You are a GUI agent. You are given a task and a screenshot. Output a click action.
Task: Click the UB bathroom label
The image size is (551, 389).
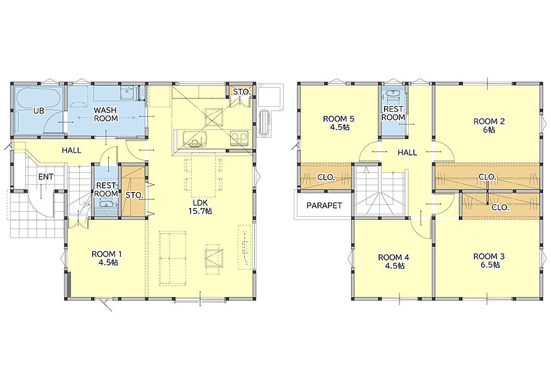click(x=39, y=111)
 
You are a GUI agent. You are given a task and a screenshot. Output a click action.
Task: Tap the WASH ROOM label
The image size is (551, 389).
click(x=105, y=114)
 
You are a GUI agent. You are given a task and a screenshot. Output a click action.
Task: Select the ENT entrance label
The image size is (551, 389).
click(x=46, y=177)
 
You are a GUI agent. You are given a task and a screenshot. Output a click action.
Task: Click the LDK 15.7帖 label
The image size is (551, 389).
click(x=202, y=207)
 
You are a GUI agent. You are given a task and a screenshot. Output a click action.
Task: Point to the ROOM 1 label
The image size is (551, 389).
click(x=106, y=258)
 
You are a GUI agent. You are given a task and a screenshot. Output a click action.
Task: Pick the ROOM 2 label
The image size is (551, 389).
click(x=489, y=125)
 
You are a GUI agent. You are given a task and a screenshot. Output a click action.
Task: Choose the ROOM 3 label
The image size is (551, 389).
click(x=489, y=261)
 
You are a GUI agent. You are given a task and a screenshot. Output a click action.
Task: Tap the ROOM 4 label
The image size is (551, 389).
click(x=393, y=261)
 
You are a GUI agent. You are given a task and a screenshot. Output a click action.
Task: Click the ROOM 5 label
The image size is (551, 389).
click(x=339, y=123)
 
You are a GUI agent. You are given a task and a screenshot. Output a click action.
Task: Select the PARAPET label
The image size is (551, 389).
click(x=324, y=205)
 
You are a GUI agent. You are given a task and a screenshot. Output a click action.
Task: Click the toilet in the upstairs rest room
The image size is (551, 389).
click(x=393, y=96)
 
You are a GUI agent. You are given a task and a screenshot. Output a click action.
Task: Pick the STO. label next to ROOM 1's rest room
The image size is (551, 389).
click(x=134, y=195)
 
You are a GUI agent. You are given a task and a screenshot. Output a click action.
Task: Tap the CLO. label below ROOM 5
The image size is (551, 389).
click(x=326, y=177)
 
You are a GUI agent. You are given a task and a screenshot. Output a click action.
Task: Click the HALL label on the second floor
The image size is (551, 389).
click(x=408, y=153)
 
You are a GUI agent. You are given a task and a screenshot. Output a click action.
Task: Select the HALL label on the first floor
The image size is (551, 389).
click(x=71, y=151)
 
